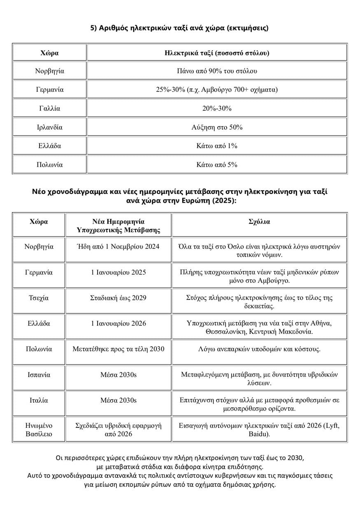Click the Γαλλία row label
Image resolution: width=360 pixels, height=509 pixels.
(49, 108)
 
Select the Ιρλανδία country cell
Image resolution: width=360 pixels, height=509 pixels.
(49, 127)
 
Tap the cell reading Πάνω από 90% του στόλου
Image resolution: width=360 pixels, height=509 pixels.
(217, 71)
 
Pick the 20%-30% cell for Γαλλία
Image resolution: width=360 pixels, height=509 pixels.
(217, 108)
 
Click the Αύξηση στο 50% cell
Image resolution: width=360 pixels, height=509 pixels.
(217, 127)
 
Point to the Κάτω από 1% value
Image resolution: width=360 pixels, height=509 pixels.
(217, 146)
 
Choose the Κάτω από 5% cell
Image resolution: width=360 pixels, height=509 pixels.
(217, 165)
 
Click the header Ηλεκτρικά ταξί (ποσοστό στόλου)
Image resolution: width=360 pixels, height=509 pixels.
(217, 53)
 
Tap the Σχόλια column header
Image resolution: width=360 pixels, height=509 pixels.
(259, 221)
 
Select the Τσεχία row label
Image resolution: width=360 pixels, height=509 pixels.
(39, 298)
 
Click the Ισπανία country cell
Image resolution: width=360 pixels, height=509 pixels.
(39, 375)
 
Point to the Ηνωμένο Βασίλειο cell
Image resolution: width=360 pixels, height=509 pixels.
(39, 430)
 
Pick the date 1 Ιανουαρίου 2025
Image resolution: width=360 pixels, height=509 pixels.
(118, 272)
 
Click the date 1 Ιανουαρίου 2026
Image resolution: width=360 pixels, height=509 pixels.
(118, 323)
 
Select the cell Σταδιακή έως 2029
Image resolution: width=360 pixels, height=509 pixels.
(118, 298)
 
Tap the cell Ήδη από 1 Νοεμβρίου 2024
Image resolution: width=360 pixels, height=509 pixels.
(118, 247)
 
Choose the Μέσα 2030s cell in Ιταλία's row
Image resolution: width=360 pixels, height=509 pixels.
(118, 400)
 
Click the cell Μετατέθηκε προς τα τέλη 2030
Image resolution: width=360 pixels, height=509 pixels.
(118, 349)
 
